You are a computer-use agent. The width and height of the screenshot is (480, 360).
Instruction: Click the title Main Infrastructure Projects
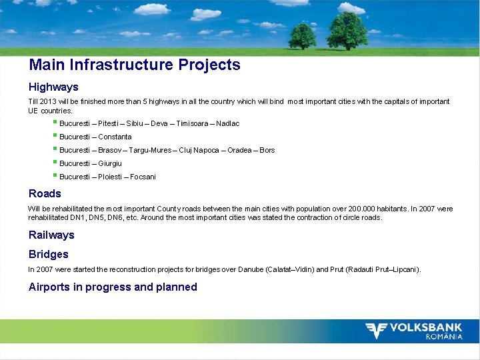[134, 65]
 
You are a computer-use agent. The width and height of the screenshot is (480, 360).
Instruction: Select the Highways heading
[53, 87]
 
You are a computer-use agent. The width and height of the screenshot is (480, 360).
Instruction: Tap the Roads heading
[45, 193]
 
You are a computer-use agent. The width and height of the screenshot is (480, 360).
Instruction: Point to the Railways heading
[51, 235]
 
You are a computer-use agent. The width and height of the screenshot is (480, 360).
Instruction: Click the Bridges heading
[48, 254]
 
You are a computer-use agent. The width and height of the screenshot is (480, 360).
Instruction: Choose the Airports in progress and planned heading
[113, 287]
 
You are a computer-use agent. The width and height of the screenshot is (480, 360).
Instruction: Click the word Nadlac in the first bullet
[227, 123]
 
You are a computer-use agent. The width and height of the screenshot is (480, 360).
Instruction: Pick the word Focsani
[143, 177]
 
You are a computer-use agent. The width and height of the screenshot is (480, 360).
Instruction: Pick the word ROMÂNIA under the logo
[444, 337]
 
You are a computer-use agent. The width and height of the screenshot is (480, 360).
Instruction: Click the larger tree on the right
[347, 30]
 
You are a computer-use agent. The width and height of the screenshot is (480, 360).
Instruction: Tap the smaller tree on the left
[302, 35]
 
